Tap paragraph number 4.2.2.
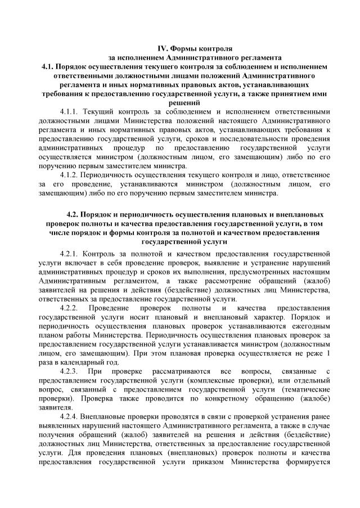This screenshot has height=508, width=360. click(71, 308)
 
